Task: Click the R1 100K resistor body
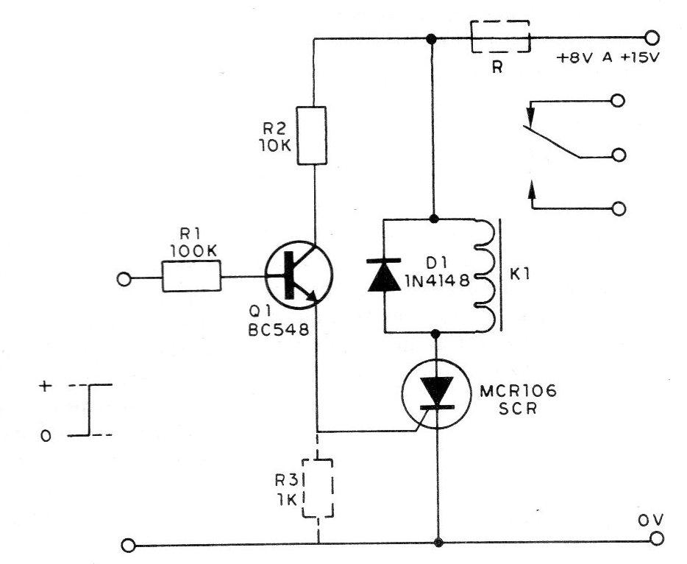pos(191,276)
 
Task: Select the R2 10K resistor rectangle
pos(312,135)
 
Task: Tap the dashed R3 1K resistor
pos(318,488)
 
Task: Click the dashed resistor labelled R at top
pos(500,36)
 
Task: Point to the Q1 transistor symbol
pos(299,275)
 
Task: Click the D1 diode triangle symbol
pos(384,275)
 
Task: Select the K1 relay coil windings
pos(485,275)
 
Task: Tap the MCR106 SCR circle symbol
pos(436,393)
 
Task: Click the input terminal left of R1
pos(124,279)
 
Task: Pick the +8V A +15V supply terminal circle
pos(652,38)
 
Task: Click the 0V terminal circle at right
pos(657,538)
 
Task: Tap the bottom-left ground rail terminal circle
pos(128,546)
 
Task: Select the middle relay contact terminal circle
pos(619,155)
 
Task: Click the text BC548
pos(279,329)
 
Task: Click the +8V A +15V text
pos(608,58)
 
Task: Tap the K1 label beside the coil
pos(520,275)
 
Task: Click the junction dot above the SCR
pos(436,334)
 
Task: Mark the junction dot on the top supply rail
pos(431,38)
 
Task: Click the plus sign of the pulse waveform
pos(45,386)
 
